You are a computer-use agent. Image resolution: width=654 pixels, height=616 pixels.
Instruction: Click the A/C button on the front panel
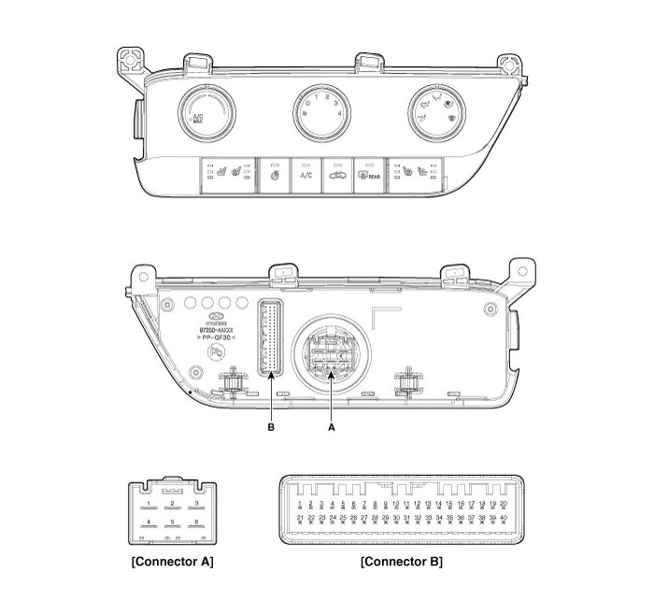click(x=306, y=175)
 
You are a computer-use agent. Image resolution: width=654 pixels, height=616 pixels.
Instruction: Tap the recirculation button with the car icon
click(x=337, y=175)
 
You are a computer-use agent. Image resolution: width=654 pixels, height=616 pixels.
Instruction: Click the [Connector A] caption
click(x=172, y=562)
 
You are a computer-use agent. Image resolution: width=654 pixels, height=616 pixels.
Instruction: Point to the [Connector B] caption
click(x=402, y=562)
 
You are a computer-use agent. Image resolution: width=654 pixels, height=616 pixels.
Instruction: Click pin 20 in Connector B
click(x=504, y=504)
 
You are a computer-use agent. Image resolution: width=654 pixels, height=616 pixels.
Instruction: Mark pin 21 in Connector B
click(x=300, y=518)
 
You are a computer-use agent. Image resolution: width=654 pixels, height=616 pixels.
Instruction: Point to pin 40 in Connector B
click(x=504, y=518)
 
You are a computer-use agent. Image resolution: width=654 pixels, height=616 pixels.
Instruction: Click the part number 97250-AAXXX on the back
click(x=216, y=330)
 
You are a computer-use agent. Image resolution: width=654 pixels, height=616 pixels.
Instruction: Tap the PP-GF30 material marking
click(x=216, y=338)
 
